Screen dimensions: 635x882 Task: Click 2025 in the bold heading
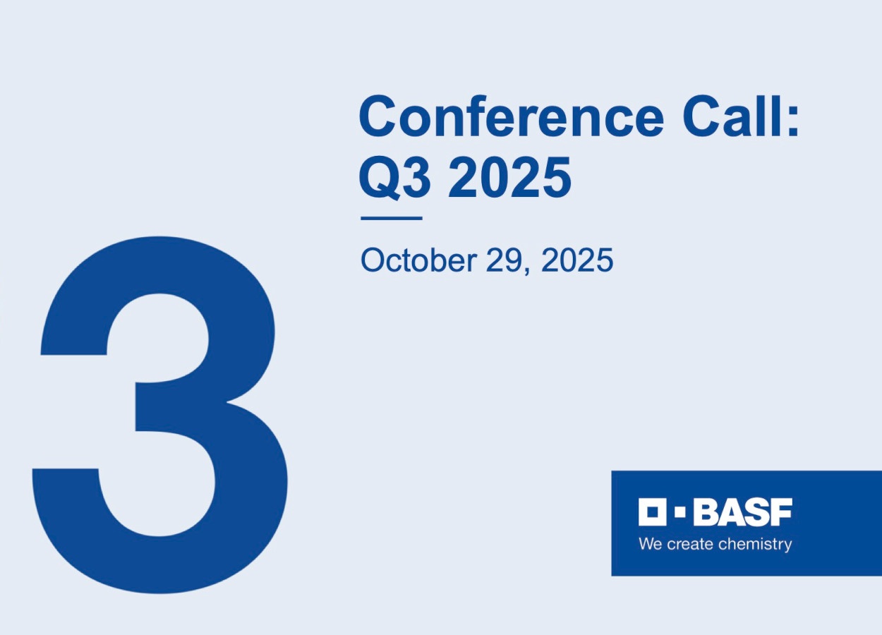[x=509, y=177]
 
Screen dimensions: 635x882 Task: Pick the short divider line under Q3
[x=391, y=218]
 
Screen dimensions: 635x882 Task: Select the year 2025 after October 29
[x=577, y=260]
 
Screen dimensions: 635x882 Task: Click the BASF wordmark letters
[x=742, y=512]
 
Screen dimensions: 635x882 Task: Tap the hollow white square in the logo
[x=652, y=512]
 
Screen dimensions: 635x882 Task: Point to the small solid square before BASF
[x=680, y=512]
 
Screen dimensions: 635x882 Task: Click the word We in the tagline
[x=650, y=544]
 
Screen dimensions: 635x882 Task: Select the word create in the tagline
[x=689, y=544]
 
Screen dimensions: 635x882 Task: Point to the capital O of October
[x=372, y=260]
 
